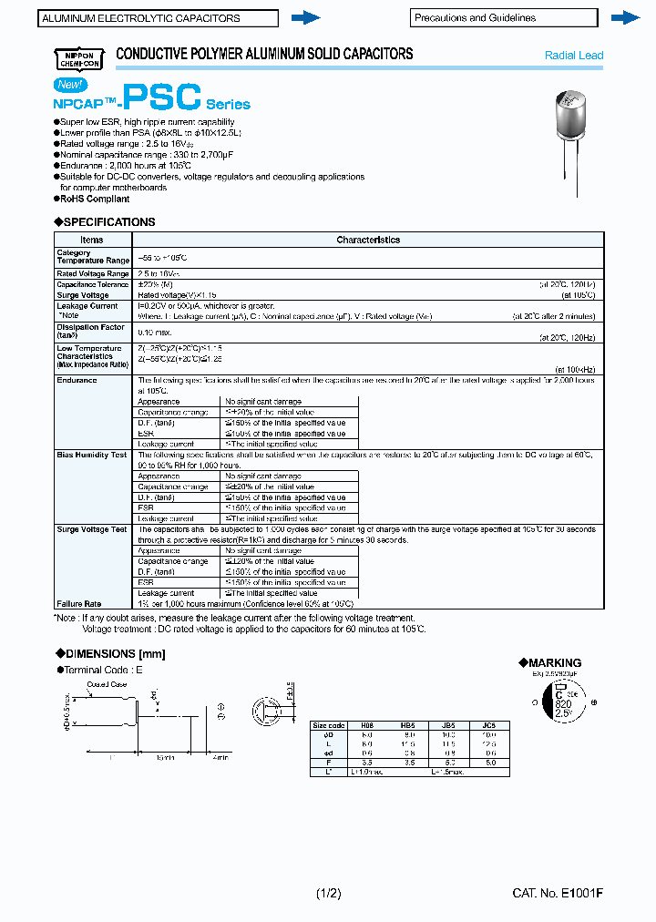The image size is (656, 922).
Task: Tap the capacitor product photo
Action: point(573,137)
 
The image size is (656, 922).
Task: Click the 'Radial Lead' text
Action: point(573,56)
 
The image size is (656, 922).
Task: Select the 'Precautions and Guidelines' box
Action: point(503,17)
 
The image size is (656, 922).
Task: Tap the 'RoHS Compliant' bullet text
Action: point(94,199)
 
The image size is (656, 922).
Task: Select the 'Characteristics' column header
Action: point(368,240)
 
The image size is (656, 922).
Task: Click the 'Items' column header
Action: point(93,240)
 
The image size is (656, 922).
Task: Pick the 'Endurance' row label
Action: point(77,380)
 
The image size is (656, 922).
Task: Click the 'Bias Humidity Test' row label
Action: point(91,455)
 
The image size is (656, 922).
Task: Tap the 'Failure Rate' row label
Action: point(79,603)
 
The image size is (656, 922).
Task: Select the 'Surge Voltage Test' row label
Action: point(92,529)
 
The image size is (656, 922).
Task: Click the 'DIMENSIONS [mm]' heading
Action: point(115,653)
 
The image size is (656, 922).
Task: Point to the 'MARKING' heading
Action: point(555,662)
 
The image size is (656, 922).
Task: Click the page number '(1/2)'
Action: point(328,894)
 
